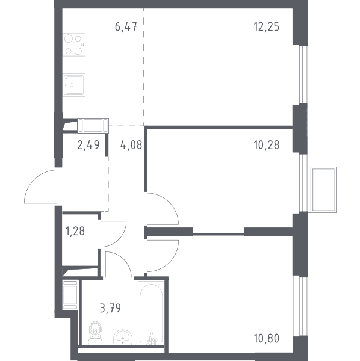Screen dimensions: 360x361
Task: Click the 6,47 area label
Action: pyautogui.click(x=126, y=26)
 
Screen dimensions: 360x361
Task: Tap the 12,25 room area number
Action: pyautogui.click(x=267, y=26)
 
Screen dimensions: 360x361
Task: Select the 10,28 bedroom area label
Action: pyautogui.click(x=267, y=145)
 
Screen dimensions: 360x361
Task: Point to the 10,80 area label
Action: pyautogui.click(x=267, y=338)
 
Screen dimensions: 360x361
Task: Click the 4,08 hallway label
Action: pyautogui.click(x=131, y=145)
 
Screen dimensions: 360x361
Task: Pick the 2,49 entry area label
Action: pyautogui.click(x=88, y=145)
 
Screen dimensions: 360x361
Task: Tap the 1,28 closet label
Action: pyautogui.click(x=75, y=231)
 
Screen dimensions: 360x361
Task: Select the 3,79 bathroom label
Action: pyautogui.click(x=110, y=308)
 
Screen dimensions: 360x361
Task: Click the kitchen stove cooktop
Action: pyautogui.click(x=74, y=45)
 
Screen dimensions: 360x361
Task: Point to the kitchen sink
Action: pyautogui.click(x=74, y=85)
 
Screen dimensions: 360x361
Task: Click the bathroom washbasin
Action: pyautogui.click(x=123, y=338)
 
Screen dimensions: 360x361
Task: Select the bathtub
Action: pyautogui.click(x=151, y=313)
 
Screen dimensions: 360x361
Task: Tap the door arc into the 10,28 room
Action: pyautogui.click(x=170, y=202)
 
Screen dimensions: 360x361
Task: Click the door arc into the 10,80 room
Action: pyautogui.click(x=170, y=263)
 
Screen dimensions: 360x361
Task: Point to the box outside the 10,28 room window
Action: pyautogui.click(x=321, y=190)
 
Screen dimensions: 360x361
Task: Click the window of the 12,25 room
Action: pyautogui.click(x=300, y=74)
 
